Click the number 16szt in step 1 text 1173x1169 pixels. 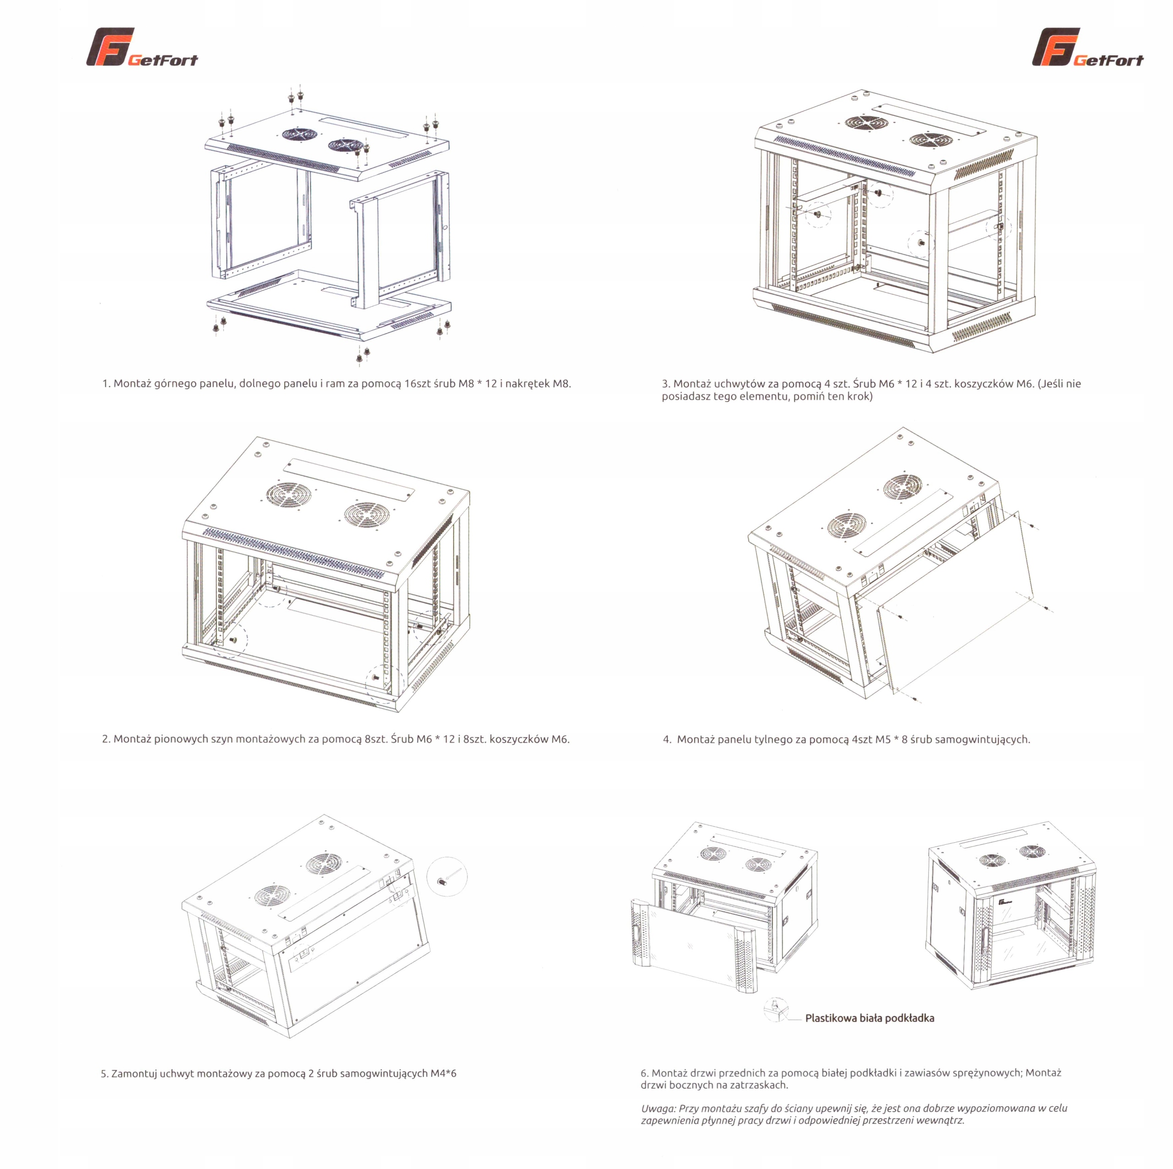click(418, 383)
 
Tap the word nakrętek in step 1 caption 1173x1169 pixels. click(527, 383)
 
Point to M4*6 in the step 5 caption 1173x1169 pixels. click(443, 1074)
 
